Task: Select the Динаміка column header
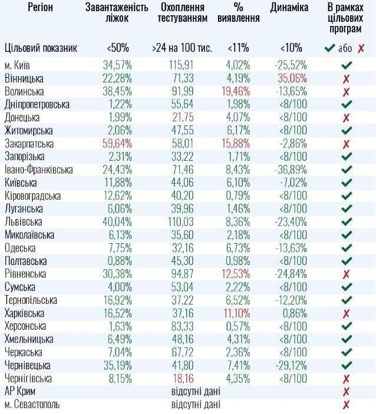pos(289,8)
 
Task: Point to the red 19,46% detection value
pos(238,91)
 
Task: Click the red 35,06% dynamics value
pos(292,78)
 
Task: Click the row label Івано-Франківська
pos(38,170)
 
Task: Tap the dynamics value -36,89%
pos(292,170)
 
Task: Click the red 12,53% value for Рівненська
pos(238,274)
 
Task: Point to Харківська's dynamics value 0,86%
pos(294,313)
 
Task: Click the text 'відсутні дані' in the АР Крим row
pos(196,391)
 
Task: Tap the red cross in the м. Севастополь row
pos(346,404)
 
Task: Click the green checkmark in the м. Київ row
pos(346,65)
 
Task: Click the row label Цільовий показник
pos(41,48)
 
